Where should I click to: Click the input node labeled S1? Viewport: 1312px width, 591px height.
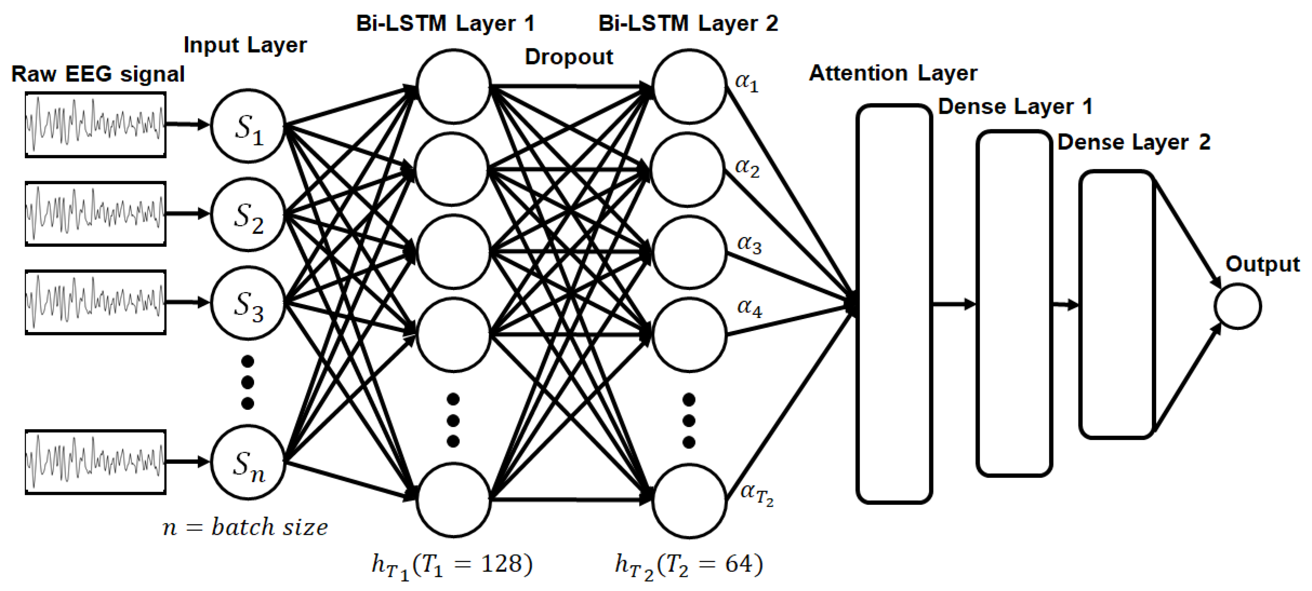[248, 126]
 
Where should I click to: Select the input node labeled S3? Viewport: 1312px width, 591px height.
[248, 303]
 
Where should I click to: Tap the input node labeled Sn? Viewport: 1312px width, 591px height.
[248, 462]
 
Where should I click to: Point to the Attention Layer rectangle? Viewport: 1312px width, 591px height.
[894, 304]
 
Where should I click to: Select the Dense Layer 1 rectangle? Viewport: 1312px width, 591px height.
[1014, 304]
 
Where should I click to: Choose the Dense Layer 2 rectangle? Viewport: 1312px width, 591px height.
[1116, 304]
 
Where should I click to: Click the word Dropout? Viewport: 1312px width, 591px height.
[568, 57]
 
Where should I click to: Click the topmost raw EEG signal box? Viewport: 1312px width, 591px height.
[95, 125]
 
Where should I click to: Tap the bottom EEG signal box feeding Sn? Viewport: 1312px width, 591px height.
[95, 462]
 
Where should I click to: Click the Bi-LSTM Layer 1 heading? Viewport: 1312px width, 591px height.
[445, 23]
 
